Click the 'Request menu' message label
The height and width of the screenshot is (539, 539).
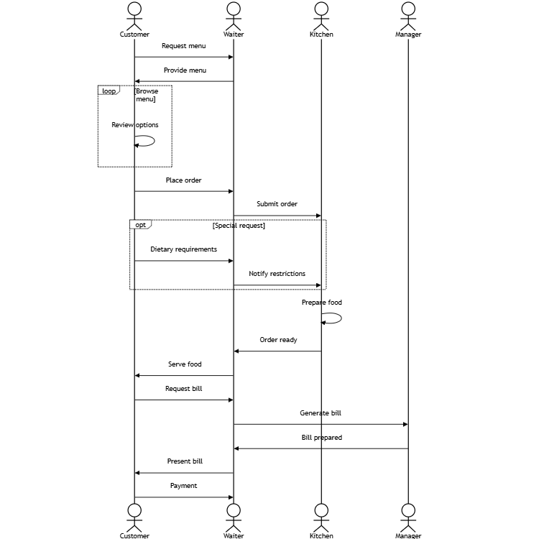click(183, 46)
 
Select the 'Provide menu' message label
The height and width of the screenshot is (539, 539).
click(185, 70)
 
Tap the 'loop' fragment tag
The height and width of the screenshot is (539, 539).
click(109, 91)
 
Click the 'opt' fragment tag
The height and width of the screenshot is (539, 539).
click(141, 225)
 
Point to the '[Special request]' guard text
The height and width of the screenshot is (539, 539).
click(239, 226)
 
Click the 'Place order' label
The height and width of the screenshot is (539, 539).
click(183, 180)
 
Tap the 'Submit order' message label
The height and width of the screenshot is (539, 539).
click(277, 204)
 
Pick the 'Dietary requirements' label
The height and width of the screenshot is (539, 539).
click(183, 249)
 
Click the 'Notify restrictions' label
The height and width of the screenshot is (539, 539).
click(277, 274)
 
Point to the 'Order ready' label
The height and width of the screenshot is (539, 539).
click(278, 340)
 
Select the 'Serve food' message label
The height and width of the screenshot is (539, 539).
click(185, 364)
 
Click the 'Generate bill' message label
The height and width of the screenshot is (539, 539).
click(321, 413)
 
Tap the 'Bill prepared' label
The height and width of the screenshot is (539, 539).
click(321, 438)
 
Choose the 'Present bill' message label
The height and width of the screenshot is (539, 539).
click(185, 461)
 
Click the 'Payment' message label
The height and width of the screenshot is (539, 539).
click(183, 486)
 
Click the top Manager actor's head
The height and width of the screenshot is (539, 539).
click(408, 8)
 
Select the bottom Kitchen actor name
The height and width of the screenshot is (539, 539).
click(321, 535)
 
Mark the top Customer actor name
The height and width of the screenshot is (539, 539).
click(134, 34)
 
